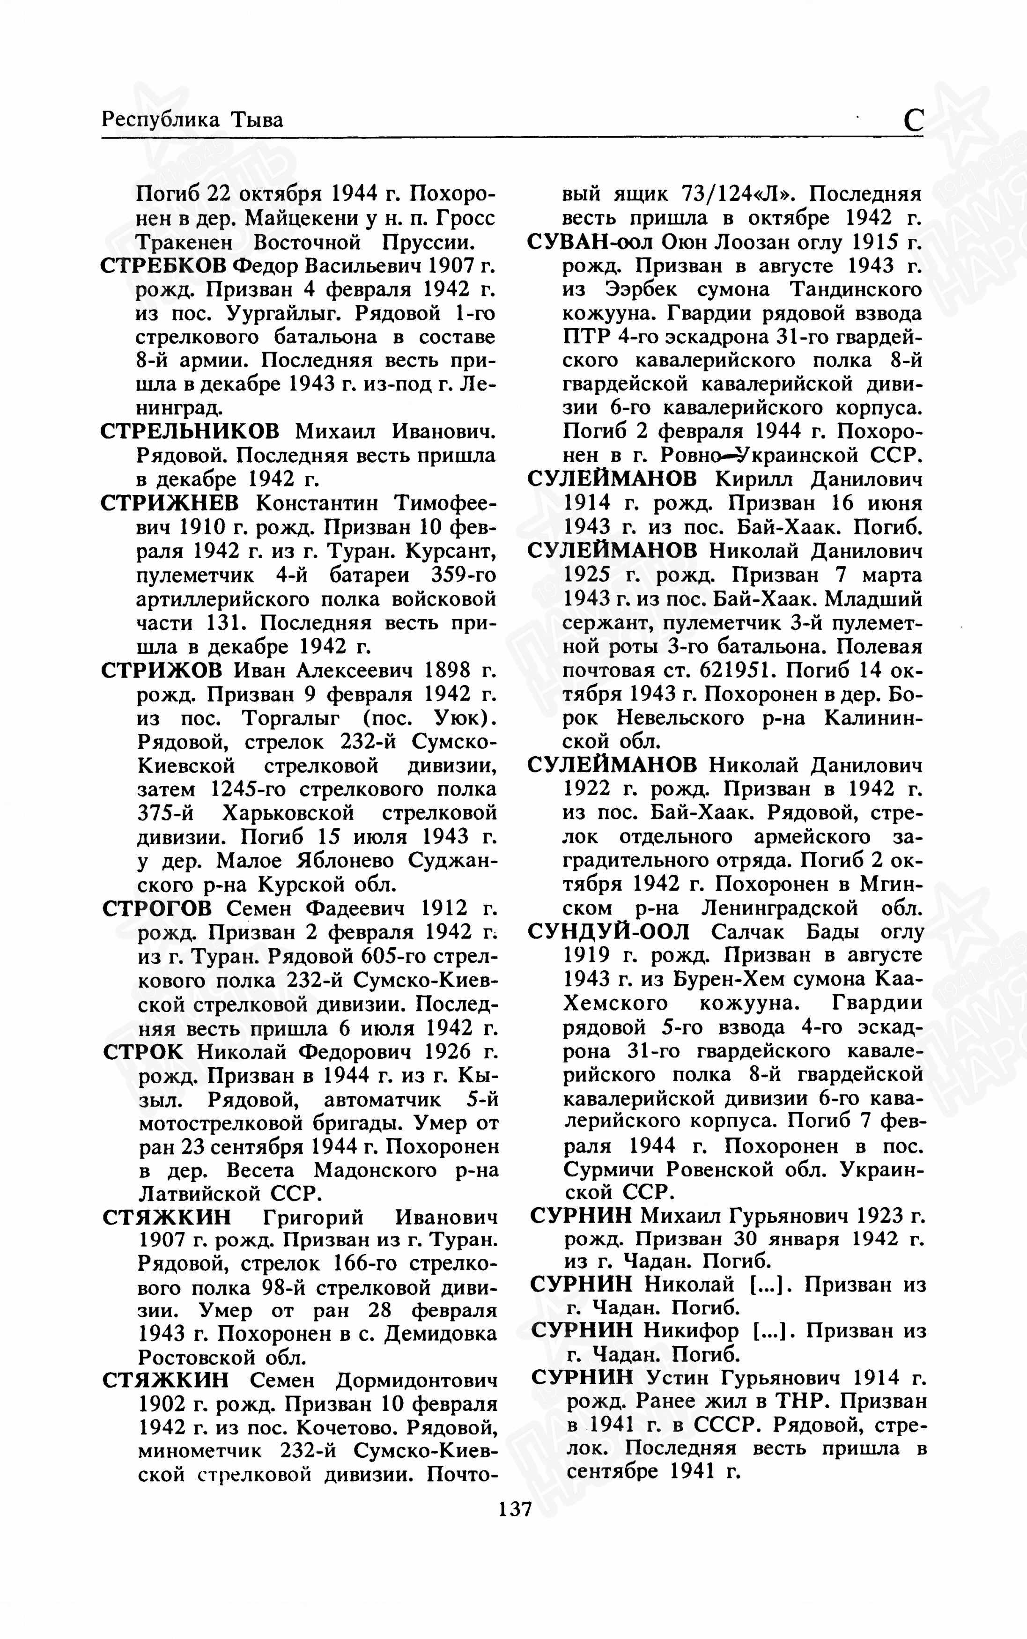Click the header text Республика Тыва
click(192, 120)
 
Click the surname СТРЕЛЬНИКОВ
click(190, 432)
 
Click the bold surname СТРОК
click(143, 1051)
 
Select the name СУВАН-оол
click(590, 242)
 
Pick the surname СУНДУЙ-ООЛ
click(609, 932)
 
